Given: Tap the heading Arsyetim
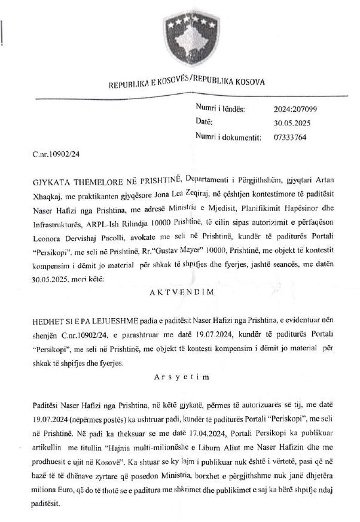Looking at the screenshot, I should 179,378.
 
